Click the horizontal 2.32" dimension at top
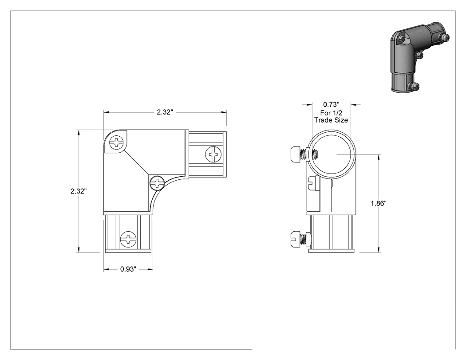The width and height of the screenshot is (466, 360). (x=165, y=112)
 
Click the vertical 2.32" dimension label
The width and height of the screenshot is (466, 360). (x=79, y=191)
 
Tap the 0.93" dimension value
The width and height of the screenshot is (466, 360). (x=128, y=269)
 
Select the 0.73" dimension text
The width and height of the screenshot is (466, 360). (x=331, y=104)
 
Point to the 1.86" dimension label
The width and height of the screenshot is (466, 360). (x=378, y=203)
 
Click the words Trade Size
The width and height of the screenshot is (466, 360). (x=331, y=120)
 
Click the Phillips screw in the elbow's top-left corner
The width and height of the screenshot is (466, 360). (x=116, y=142)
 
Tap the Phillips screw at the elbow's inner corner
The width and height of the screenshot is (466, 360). (x=157, y=182)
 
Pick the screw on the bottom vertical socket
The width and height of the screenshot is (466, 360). (x=128, y=239)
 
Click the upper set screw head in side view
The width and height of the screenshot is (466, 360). (x=295, y=154)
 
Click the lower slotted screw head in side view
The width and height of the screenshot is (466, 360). (x=295, y=239)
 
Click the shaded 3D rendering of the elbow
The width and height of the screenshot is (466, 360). (x=419, y=56)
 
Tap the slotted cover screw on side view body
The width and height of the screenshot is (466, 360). (x=313, y=183)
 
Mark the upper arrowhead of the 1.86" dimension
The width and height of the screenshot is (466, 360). (x=379, y=157)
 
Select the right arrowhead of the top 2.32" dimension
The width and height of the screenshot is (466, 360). (x=224, y=112)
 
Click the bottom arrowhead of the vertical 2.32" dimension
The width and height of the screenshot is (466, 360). (x=79, y=250)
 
